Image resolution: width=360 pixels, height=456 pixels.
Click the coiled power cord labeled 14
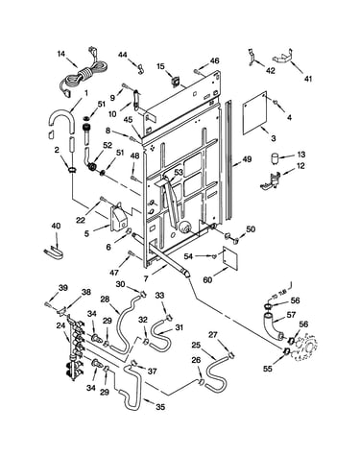click(x=84, y=76)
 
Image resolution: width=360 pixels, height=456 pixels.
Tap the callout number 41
click(x=307, y=79)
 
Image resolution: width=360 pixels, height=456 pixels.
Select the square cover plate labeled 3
click(x=254, y=113)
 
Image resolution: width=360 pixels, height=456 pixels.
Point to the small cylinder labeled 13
click(x=275, y=158)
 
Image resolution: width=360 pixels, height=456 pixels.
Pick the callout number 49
click(x=247, y=159)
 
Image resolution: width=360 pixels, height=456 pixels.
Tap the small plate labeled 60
click(x=230, y=255)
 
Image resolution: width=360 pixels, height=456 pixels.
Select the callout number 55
click(x=268, y=369)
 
